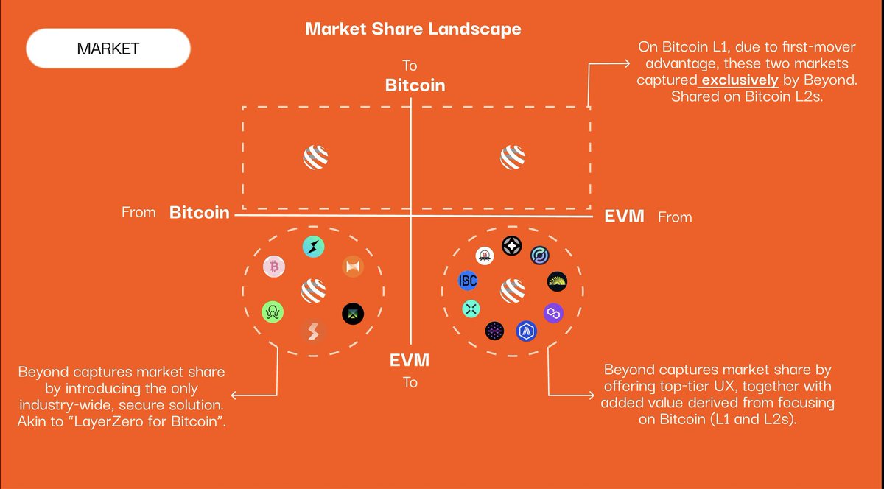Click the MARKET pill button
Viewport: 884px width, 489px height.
[108, 49]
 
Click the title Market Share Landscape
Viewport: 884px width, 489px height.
[413, 29]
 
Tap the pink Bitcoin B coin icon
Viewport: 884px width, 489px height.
[274, 267]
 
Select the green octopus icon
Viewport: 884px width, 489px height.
[273, 313]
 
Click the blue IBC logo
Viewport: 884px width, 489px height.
[468, 281]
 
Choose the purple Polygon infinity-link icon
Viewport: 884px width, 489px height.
[553, 314]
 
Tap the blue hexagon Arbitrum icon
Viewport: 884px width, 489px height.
[526, 331]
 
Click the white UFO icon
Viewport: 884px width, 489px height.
[485, 256]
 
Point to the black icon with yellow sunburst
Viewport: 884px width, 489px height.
[558, 281]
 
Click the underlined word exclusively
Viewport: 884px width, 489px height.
[739, 80]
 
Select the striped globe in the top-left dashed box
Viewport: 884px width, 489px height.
[315, 157]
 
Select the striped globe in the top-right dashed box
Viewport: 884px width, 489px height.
[513, 157]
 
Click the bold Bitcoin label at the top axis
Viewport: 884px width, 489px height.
[415, 85]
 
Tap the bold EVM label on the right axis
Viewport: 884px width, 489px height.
[624, 217]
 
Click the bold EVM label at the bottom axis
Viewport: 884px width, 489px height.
[410, 361]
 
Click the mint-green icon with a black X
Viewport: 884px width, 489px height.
[471, 309]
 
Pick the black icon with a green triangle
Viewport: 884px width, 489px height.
[353, 314]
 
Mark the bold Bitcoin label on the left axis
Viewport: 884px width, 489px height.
[200, 213]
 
